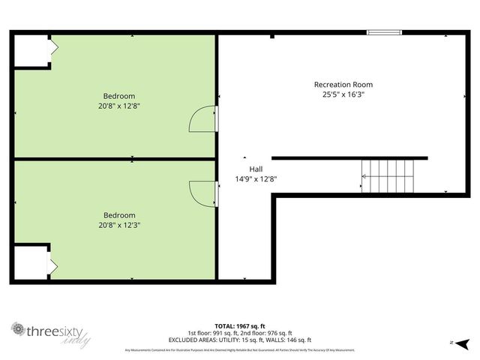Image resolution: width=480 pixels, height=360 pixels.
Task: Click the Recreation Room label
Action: click(x=343, y=85)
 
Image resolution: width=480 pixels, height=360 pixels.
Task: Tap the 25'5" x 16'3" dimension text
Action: click(x=343, y=95)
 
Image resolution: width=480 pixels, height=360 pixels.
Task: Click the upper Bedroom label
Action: click(x=119, y=95)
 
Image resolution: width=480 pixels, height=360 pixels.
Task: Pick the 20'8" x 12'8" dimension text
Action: click(x=119, y=106)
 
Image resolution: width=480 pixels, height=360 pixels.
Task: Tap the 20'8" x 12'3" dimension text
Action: click(x=119, y=225)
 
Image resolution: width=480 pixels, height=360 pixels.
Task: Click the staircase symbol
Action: click(x=387, y=175)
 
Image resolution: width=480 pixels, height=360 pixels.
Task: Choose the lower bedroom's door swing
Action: click(x=203, y=193)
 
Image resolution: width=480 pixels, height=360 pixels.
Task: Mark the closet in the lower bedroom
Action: click(x=31, y=263)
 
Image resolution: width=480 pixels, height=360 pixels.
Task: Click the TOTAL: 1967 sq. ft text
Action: click(x=239, y=325)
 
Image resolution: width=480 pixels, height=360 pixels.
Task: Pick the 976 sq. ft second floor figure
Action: click(x=274, y=333)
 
